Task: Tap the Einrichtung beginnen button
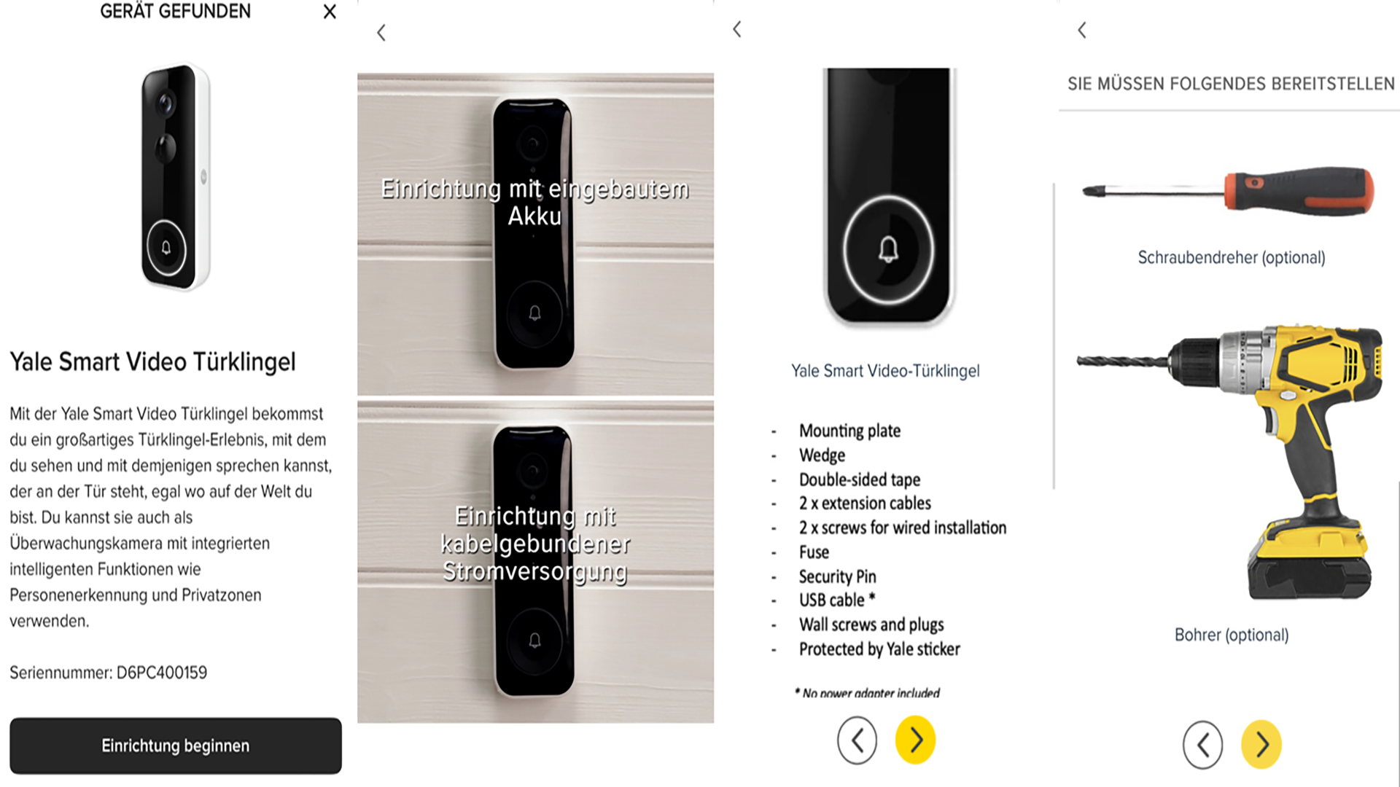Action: coord(175,745)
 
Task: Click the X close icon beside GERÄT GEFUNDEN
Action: coord(330,12)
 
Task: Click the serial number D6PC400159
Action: coord(162,673)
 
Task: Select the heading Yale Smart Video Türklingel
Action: coord(153,361)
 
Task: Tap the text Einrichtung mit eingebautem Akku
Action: coord(535,202)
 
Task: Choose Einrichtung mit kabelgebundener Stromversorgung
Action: coord(535,544)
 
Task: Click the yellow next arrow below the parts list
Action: coord(915,740)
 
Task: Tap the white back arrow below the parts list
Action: coord(857,740)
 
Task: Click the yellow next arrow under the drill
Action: coord(1261,745)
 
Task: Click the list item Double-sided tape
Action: coord(860,479)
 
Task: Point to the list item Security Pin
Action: coord(837,576)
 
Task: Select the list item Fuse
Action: coord(814,552)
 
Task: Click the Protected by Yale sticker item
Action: coord(879,649)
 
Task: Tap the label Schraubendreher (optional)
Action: coord(1232,257)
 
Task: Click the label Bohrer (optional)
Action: coord(1232,635)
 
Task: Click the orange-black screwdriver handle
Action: coord(1299,191)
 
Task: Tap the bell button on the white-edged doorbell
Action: coord(166,248)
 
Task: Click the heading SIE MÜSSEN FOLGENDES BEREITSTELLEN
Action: coord(1232,84)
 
